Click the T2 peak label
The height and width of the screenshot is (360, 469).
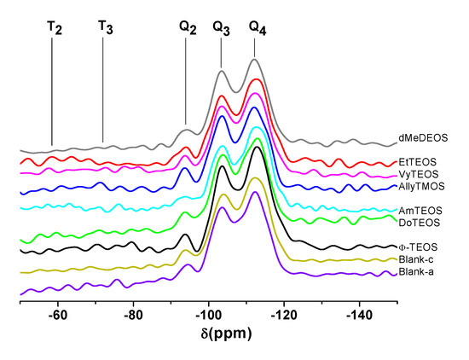(x=54, y=27)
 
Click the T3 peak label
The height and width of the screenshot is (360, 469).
(x=105, y=27)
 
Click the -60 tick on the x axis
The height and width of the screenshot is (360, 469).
(x=58, y=314)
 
